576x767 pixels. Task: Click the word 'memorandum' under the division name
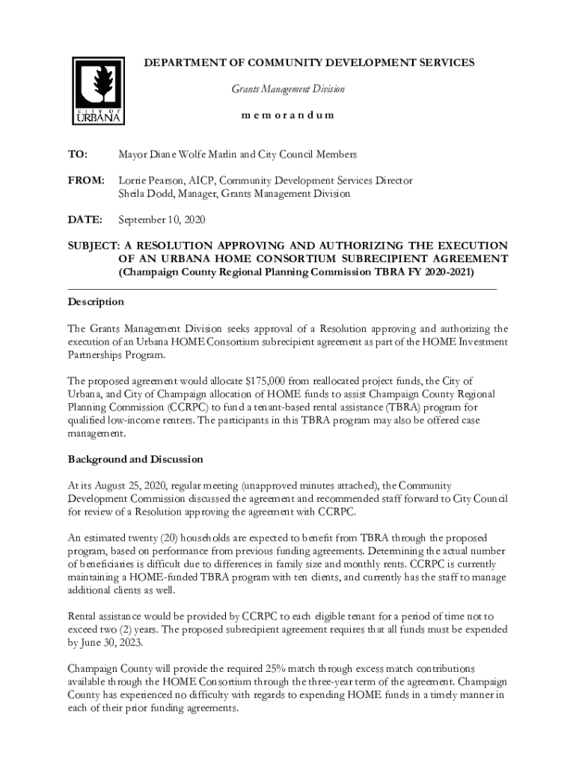tap(287, 115)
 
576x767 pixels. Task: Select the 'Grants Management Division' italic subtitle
tap(287, 89)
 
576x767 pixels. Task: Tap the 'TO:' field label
tap(78, 154)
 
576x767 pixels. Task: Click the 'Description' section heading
tap(96, 302)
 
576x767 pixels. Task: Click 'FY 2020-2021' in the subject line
tap(439, 272)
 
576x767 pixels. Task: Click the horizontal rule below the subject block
tap(282, 288)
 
